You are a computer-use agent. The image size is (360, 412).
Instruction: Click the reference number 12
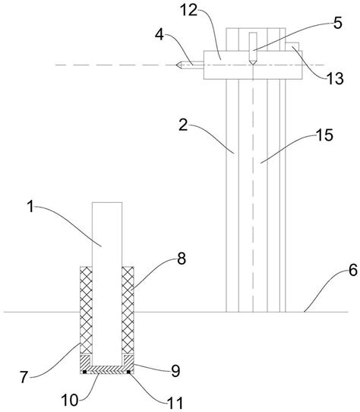point(189,11)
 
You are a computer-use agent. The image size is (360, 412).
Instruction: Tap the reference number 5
point(338,23)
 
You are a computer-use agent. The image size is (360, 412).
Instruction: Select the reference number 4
point(159,34)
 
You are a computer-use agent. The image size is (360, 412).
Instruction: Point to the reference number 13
point(335,78)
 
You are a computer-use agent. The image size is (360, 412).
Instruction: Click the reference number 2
point(183,125)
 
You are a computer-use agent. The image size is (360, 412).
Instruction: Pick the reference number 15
point(324,135)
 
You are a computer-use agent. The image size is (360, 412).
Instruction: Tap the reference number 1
point(31,207)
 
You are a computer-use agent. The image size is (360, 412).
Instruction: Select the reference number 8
point(182,258)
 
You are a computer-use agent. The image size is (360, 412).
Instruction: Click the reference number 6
point(353,271)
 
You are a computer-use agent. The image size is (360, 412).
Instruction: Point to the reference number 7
point(24,377)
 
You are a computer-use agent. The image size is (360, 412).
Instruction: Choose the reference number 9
point(175,371)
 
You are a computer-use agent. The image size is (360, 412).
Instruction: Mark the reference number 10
point(70,401)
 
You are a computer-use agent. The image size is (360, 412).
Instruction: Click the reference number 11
point(175,403)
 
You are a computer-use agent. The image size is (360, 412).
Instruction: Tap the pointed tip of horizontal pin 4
point(176,65)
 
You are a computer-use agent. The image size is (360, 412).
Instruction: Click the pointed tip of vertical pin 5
point(253,65)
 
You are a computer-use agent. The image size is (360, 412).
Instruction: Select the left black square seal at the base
point(84,372)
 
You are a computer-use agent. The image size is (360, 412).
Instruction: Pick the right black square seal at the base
point(128,372)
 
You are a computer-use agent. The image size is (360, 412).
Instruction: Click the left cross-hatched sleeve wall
point(86,310)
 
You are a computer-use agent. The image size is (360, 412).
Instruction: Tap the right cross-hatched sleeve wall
point(128,310)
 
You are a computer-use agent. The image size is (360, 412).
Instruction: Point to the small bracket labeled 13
point(292,46)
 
